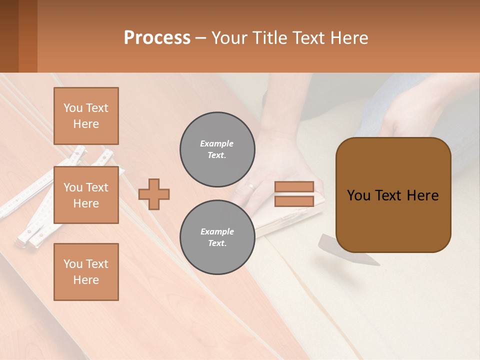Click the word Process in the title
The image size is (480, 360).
[x=157, y=38]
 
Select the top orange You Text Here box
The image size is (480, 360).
[x=86, y=116]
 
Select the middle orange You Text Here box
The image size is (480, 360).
[x=86, y=195]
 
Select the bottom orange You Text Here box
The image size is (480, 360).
[x=86, y=271]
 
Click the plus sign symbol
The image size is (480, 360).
[x=153, y=194]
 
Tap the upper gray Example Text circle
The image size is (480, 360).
[x=217, y=149]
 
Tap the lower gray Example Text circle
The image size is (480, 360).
[x=217, y=237]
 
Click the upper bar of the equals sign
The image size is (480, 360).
[x=294, y=186]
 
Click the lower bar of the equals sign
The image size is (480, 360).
[x=294, y=201]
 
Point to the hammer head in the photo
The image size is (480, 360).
[x=345, y=250]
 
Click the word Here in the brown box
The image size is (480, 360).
[x=422, y=195]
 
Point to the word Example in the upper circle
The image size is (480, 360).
[x=217, y=143]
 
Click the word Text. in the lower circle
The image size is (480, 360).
[x=217, y=243]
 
